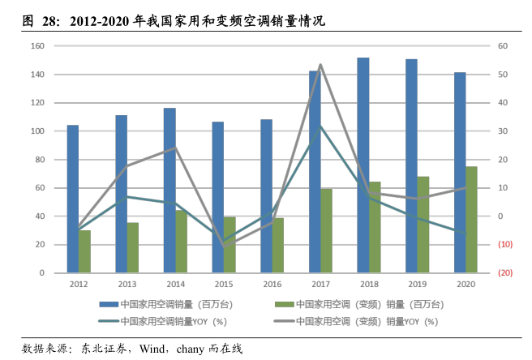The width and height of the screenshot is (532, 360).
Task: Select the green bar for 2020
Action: (x=471, y=219)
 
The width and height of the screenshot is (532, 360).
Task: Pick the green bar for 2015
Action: (x=230, y=244)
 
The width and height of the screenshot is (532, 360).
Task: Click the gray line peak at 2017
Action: (x=320, y=65)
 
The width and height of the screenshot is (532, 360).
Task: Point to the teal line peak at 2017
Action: (x=320, y=126)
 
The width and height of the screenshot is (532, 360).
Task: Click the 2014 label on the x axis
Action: (x=175, y=285)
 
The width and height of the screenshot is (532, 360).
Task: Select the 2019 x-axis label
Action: (x=417, y=285)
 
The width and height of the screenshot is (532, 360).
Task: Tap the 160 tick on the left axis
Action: (x=37, y=46)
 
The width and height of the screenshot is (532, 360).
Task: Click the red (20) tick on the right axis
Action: (x=504, y=273)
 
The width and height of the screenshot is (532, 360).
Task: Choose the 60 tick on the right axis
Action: (x=502, y=46)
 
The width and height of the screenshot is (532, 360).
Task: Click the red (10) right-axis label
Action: (x=504, y=245)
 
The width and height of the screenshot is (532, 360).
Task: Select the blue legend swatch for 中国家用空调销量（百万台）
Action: (x=109, y=305)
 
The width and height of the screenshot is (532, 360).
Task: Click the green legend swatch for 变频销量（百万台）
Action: (x=284, y=305)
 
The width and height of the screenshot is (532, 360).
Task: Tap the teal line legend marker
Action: (x=109, y=321)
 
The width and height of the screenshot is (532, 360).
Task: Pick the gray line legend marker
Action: (x=284, y=321)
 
